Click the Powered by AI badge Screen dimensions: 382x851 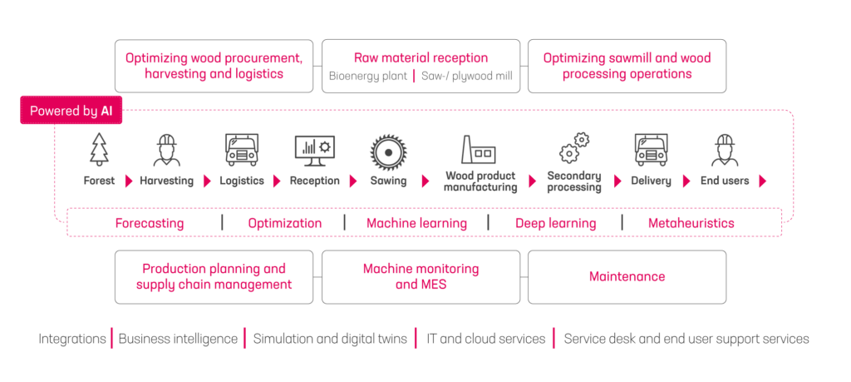[x=71, y=111]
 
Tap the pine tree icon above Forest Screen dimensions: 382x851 [x=99, y=150]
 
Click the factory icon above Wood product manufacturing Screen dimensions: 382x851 [x=480, y=149]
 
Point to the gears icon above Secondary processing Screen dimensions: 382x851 [x=574, y=148]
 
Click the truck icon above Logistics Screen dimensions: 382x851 [x=241, y=150]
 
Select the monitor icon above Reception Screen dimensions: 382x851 [x=314, y=150]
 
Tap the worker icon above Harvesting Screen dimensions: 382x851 [x=166, y=150]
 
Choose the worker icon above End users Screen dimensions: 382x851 [x=725, y=150]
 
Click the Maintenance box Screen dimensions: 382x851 [x=627, y=276]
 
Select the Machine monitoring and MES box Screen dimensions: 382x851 [x=421, y=276]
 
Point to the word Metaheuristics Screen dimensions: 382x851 [x=691, y=223]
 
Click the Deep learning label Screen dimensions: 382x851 [x=555, y=223]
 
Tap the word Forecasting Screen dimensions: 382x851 [x=150, y=223]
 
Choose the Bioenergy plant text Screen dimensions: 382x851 [x=366, y=77]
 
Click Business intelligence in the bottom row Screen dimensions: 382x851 [x=177, y=339]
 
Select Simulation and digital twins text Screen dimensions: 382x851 [x=330, y=339]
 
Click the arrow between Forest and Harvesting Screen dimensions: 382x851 [x=128, y=181]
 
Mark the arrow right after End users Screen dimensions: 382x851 [x=762, y=181]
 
